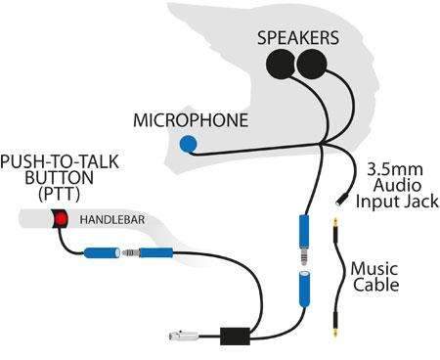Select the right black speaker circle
coord(312,65)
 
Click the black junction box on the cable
coord(235,335)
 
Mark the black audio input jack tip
coord(337,203)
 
